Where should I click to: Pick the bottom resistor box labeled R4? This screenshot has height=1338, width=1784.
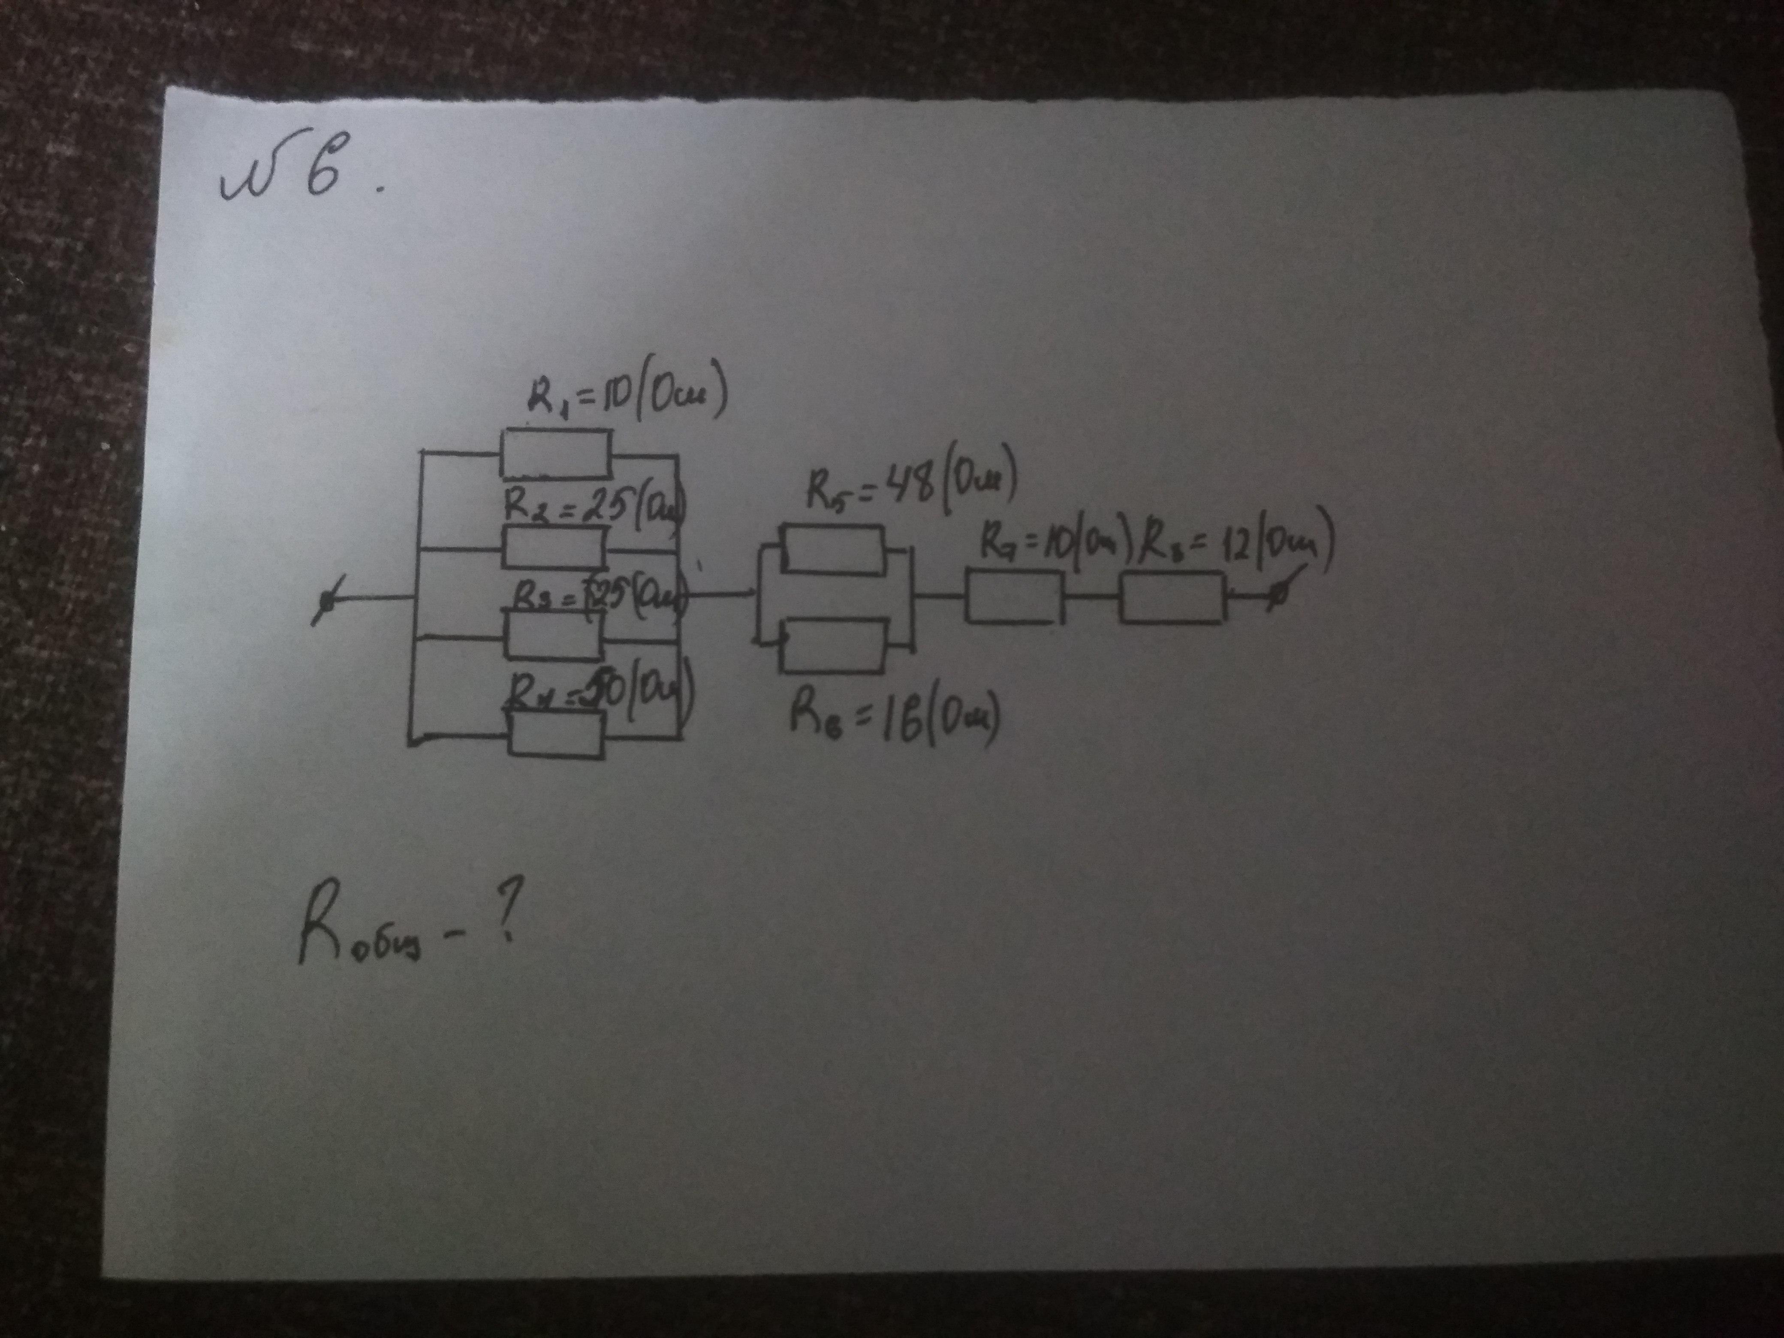tap(556, 733)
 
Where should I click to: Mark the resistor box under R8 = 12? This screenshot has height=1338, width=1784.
tap(1172, 597)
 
